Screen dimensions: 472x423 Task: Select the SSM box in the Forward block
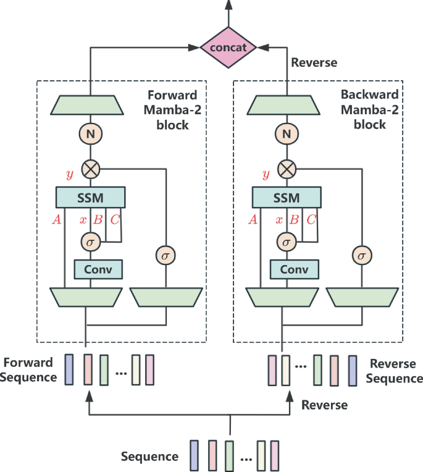pos(91,198)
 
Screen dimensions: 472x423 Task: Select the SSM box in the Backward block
pos(286,198)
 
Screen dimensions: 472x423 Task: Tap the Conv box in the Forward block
pos(98,269)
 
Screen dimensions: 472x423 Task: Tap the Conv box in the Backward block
pos(293,269)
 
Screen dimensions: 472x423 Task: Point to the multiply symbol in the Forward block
pos(90,167)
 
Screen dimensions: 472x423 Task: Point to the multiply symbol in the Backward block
pos(286,167)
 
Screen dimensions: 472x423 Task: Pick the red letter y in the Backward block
pos(266,174)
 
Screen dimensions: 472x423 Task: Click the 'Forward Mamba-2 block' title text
pos(168,110)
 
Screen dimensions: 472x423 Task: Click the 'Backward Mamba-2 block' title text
pos(369,110)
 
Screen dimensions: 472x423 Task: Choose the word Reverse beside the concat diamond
pos(314,62)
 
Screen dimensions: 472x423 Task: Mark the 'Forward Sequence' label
pos(30,369)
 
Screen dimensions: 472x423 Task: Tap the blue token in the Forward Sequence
pos(69,369)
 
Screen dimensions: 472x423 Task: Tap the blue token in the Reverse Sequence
pos(353,369)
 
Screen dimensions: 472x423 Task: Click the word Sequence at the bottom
pos(149,457)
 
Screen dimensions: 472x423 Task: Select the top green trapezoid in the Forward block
pos(90,104)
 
